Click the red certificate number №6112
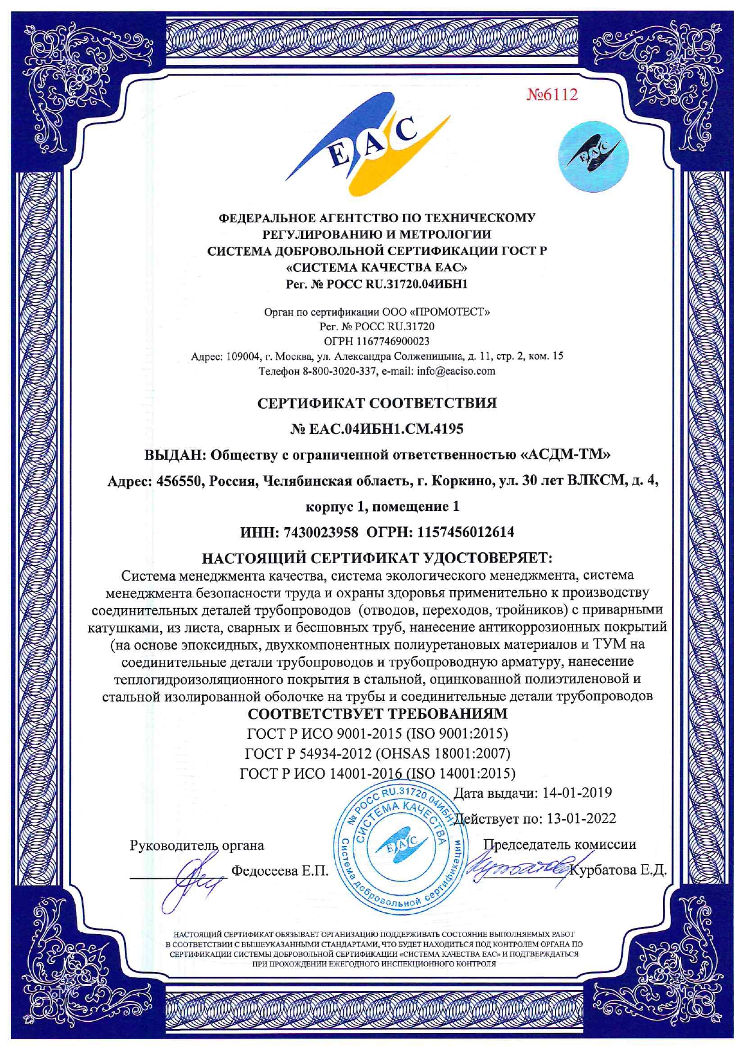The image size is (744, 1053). [x=552, y=95]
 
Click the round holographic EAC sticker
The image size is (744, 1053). [x=593, y=156]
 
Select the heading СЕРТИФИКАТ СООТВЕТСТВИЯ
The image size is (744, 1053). [x=377, y=403]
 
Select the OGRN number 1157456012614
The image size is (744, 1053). [x=466, y=532]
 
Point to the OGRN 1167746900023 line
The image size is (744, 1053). [x=377, y=342]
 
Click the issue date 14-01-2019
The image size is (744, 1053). [x=577, y=793]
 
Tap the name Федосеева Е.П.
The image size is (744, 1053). [x=280, y=870]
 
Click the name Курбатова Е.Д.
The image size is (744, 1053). [x=619, y=870]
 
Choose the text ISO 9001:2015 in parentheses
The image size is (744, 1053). [x=457, y=734]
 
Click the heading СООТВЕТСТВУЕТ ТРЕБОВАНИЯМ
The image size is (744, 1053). [x=377, y=714]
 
